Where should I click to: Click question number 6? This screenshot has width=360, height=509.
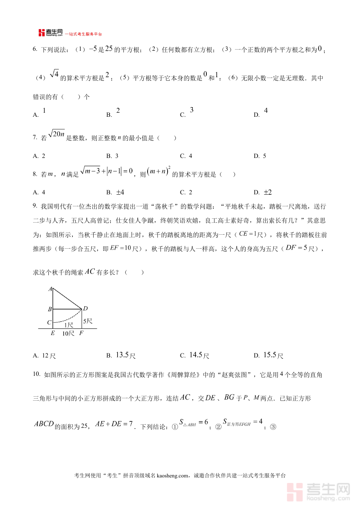point(35,50)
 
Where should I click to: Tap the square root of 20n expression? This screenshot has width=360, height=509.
point(56,135)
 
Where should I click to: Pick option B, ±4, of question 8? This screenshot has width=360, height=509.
point(115,192)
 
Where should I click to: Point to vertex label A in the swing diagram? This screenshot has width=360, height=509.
point(50,289)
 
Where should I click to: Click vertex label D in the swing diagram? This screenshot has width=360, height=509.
point(85,309)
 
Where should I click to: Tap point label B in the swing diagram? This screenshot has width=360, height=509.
point(50,309)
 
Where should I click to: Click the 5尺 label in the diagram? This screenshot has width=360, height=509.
point(88,321)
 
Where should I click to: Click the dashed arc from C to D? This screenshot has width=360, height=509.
point(66,320)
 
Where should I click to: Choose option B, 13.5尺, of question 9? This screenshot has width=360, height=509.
point(122,355)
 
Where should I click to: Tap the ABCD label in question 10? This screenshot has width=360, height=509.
point(44,424)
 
